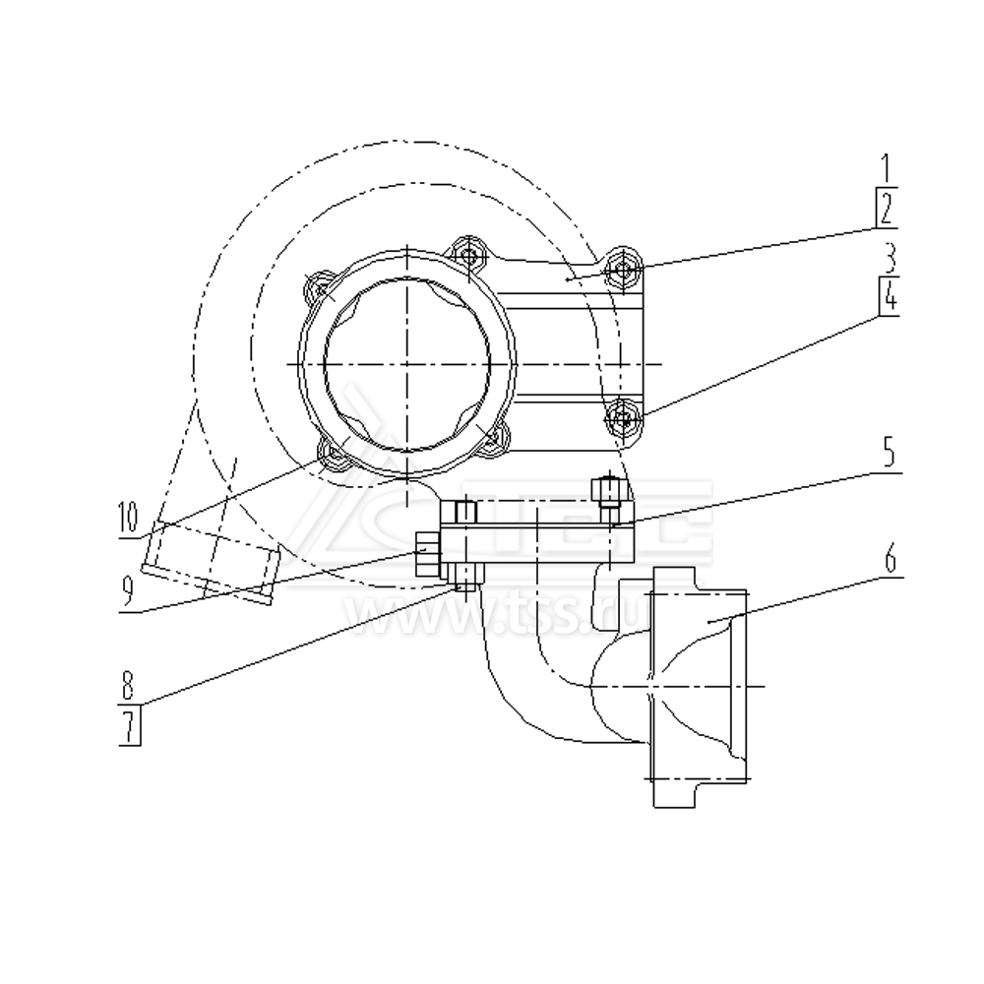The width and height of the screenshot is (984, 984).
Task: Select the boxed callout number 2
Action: coord(887,208)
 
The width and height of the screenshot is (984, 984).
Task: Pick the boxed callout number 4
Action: coord(888,296)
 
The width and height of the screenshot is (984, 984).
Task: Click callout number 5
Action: coord(887,455)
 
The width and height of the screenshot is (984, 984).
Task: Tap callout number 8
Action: coord(129,682)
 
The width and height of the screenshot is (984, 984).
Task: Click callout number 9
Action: coord(128,589)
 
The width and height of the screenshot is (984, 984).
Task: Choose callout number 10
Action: coord(128,519)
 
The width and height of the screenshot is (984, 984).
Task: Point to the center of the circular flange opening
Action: coord(405,363)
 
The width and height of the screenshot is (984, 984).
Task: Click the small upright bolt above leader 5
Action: coord(608,490)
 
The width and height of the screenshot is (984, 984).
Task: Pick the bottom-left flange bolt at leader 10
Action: coord(333,454)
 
